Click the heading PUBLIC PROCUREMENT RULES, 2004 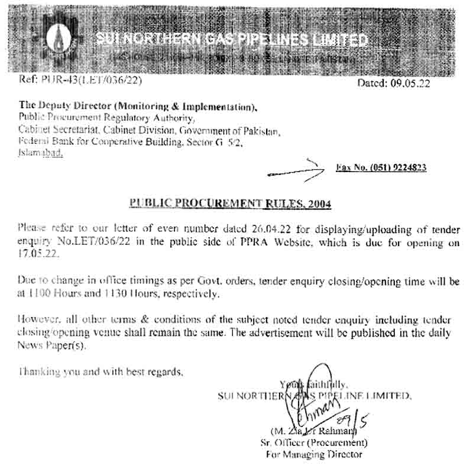click(x=231, y=204)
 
